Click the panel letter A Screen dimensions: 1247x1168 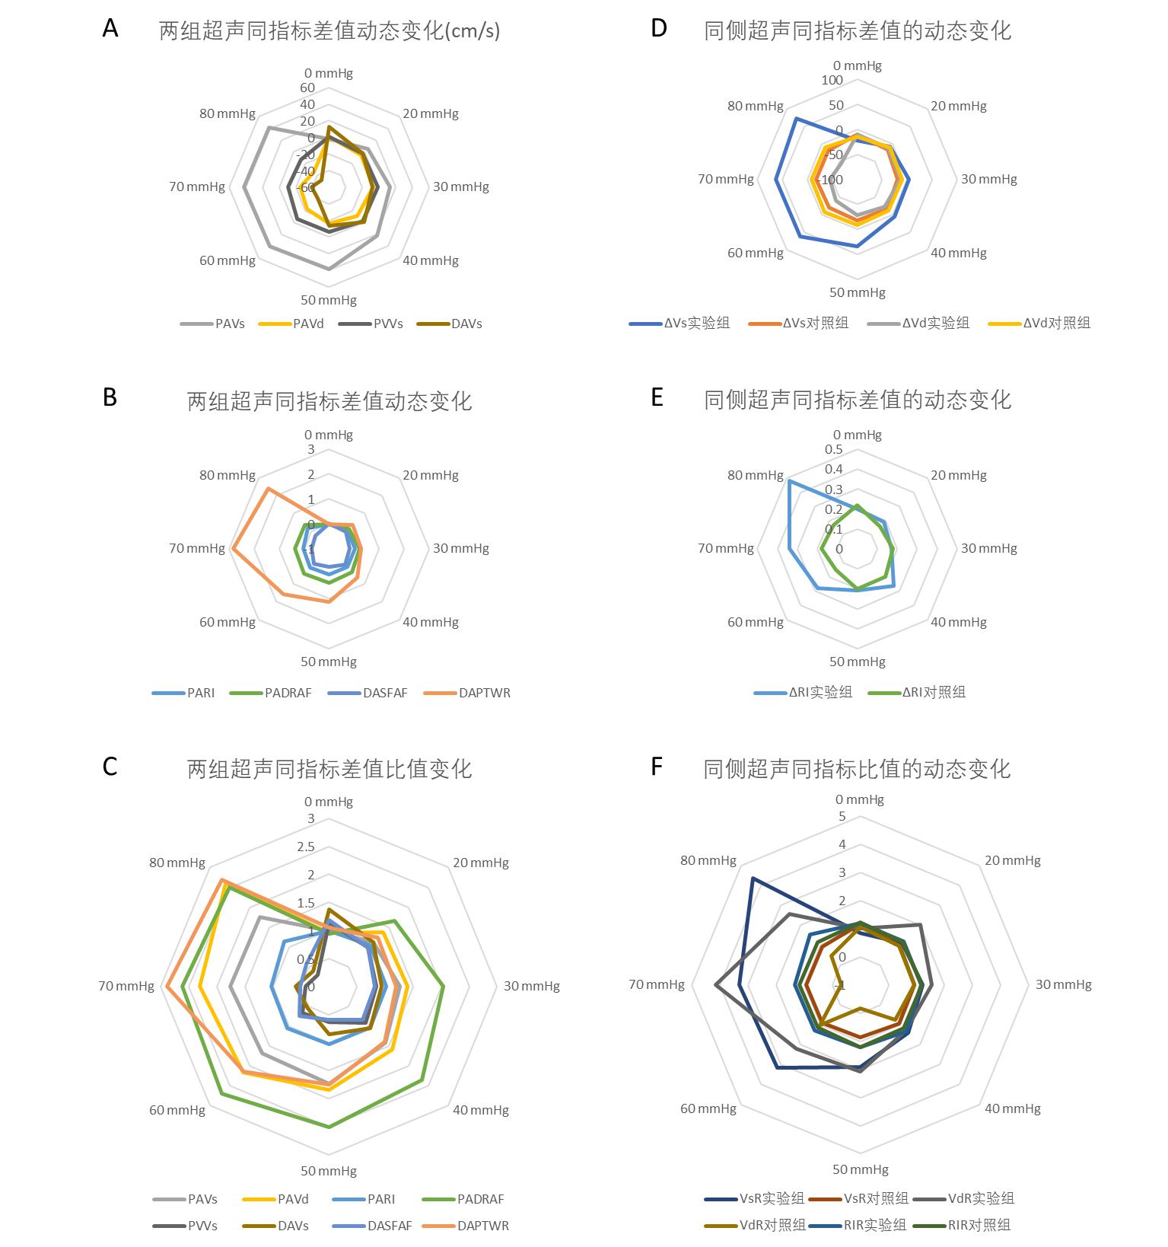[110, 29]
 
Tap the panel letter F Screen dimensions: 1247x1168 [657, 767]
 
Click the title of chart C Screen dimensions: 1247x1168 [329, 769]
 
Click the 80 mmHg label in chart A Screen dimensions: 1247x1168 [228, 113]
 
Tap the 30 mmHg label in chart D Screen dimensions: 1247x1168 [988, 180]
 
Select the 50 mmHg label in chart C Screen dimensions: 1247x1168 [329, 1171]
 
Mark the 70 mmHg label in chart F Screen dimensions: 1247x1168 [657, 984]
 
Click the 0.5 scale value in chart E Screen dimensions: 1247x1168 [834, 449]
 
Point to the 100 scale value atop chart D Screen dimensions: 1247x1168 [832, 81]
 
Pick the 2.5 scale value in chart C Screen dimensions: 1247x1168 [306, 847]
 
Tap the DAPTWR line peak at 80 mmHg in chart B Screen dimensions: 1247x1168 [267, 488]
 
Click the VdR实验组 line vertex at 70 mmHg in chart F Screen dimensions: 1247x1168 [717, 985]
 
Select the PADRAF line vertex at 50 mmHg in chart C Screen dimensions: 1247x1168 [329, 1127]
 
